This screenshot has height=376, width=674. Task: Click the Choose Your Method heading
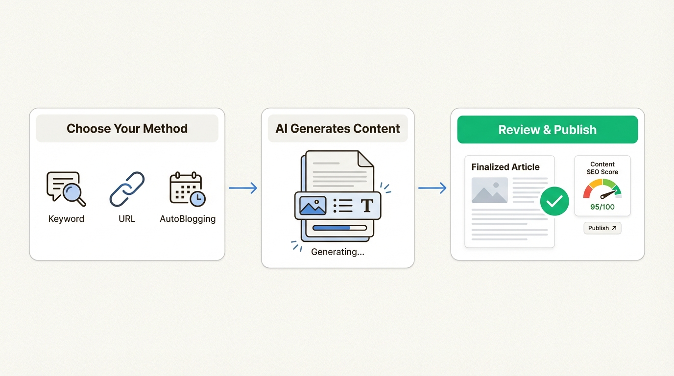tap(127, 129)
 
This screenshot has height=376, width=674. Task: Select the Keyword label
tap(66, 219)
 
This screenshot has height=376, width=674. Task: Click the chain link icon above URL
tap(127, 189)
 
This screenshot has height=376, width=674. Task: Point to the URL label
tap(127, 219)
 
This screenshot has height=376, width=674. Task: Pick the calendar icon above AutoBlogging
tap(187, 188)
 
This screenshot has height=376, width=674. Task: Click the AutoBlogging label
tap(188, 219)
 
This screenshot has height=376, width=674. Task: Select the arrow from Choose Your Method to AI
tap(243, 188)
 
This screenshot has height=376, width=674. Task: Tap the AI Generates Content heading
tap(337, 129)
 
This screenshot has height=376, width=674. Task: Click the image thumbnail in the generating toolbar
tap(313, 206)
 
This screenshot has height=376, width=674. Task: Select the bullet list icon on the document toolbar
tap(343, 206)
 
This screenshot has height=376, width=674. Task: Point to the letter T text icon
tap(367, 206)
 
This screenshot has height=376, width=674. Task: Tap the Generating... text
tap(337, 252)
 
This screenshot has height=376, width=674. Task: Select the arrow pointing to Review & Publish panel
tap(432, 188)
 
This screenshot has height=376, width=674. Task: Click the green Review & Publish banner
tap(547, 130)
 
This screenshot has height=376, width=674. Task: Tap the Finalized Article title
tap(505, 167)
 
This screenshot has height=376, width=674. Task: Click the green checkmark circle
tap(554, 201)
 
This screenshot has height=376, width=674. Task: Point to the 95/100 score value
tap(602, 207)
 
